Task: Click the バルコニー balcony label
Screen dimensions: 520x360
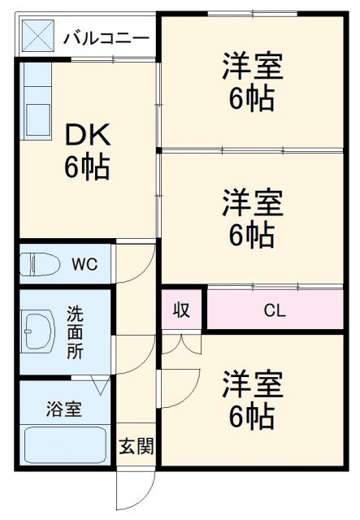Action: [106, 38]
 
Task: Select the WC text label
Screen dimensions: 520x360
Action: [84, 263]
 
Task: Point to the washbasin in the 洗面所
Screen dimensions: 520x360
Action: [37, 331]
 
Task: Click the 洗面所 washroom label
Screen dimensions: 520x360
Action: [75, 331]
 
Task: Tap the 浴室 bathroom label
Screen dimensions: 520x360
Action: [63, 409]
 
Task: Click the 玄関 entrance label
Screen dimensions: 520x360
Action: [134, 446]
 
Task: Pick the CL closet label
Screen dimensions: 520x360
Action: [274, 310]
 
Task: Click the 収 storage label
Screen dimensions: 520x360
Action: [181, 310]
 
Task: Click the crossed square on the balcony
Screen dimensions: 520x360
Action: [37, 37]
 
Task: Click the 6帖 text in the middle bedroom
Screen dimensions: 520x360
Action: [252, 234]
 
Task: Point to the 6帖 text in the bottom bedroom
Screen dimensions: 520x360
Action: [252, 417]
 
